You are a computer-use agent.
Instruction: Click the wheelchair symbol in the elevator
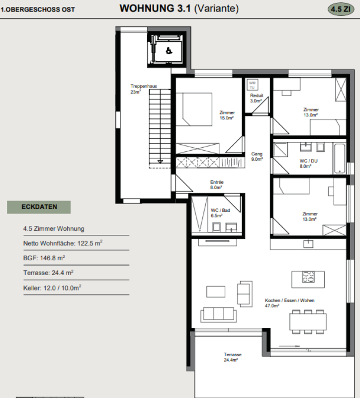pyautogui.click(x=169, y=51)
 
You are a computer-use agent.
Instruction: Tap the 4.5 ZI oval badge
pyautogui.click(x=341, y=9)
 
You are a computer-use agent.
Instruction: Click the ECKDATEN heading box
pyautogui.click(x=39, y=207)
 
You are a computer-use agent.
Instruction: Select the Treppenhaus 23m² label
pyautogui.click(x=144, y=89)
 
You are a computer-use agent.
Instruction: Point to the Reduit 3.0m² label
pyautogui.click(x=257, y=98)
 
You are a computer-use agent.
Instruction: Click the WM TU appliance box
pyautogui.click(x=252, y=85)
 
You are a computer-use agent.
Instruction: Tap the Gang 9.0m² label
pyautogui.click(x=257, y=156)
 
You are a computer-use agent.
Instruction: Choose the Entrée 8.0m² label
pyautogui.click(x=216, y=185)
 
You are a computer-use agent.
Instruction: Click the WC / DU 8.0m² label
pyautogui.click(x=308, y=164)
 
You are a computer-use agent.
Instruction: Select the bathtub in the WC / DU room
pyautogui.click(x=340, y=158)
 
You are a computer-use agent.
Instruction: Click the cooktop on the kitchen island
pyautogui.click(x=308, y=277)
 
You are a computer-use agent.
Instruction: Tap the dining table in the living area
pyautogui.click(x=308, y=322)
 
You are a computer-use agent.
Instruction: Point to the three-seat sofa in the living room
pyautogui.click(x=218, y=315)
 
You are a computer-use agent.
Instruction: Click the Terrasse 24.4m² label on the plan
pyautogui.click(x=232, y=357)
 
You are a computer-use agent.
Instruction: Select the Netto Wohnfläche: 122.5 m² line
pyautogui.click(x=63, y=243)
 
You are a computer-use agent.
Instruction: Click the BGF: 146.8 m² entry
pyautogui.click(x=44, y=258)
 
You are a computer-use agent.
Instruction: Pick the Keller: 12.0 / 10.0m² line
pyautogui.click(x=52, y=288)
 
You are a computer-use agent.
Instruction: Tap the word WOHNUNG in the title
pyautogui.click(x=147, y=8)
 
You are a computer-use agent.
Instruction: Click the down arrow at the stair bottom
pyautogui.click(x=160, y=161)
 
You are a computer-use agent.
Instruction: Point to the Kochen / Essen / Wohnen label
pyautogui.click(x=289, y=300)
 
